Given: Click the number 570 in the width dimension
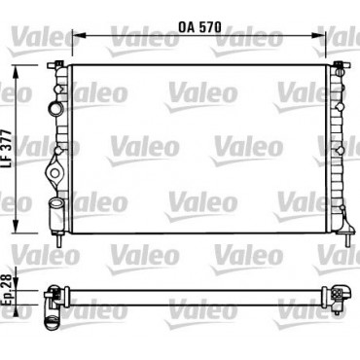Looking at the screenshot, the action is pyautogui.click(x=210, y=27).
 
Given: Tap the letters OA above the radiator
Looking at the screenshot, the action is pyautogui.click(x=187, y=27).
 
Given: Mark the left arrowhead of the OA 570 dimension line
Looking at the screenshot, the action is pyautogui.click(x=78, y=35).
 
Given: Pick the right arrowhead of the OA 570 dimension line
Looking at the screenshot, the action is pyautogui.click(x=318, y=35).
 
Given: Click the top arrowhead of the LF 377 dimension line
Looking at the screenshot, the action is pyautogui.click(x=16, y=72).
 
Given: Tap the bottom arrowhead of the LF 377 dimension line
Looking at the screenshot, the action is pyautogui.click(x=16, y=226).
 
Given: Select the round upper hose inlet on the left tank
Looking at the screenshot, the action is pyautogui.click(x=55, y=108).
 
